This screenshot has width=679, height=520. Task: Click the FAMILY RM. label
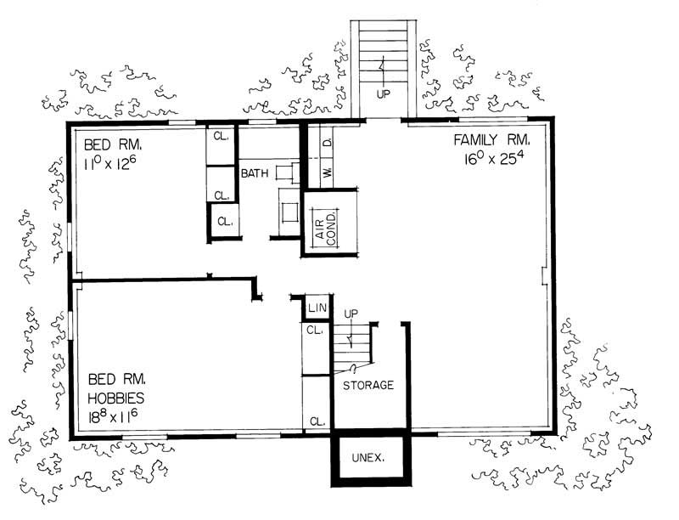(492, 139)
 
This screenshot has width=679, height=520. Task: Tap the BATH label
(255, 173)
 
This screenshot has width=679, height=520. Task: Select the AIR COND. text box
(326, 225)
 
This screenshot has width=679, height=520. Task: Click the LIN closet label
(317, 307)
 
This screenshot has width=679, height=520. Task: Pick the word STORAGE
(368, 385)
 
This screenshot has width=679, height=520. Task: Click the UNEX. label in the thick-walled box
(369, 458)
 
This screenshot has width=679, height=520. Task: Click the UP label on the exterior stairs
(383, 94)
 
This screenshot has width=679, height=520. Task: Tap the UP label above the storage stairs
(351, 314)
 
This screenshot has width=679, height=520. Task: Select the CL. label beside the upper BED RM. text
(221, 136)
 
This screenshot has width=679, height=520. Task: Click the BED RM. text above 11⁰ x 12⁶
(106, 139)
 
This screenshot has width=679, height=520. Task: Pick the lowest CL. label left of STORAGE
(317, 421)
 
